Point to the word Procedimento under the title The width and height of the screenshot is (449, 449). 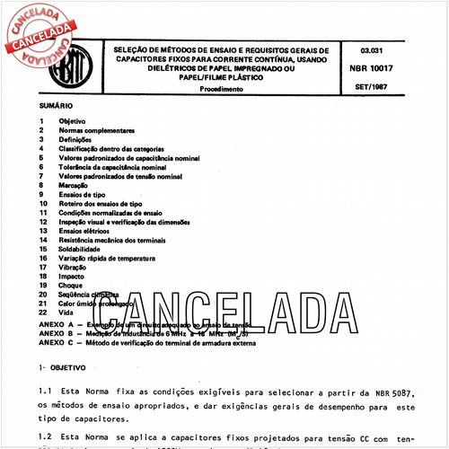click(222, 90)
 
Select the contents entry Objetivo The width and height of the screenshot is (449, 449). click(72, 120)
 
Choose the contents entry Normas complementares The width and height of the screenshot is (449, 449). click(96, 130)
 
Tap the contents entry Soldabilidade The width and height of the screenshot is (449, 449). click(82, 251)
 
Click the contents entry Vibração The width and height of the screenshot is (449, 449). click(75, 269)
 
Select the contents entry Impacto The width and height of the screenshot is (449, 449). click(73, 277)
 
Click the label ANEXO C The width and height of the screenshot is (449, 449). click(57, 342)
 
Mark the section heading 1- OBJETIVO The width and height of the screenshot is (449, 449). click(61, 367)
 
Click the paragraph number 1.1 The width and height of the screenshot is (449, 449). click(45, 392)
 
